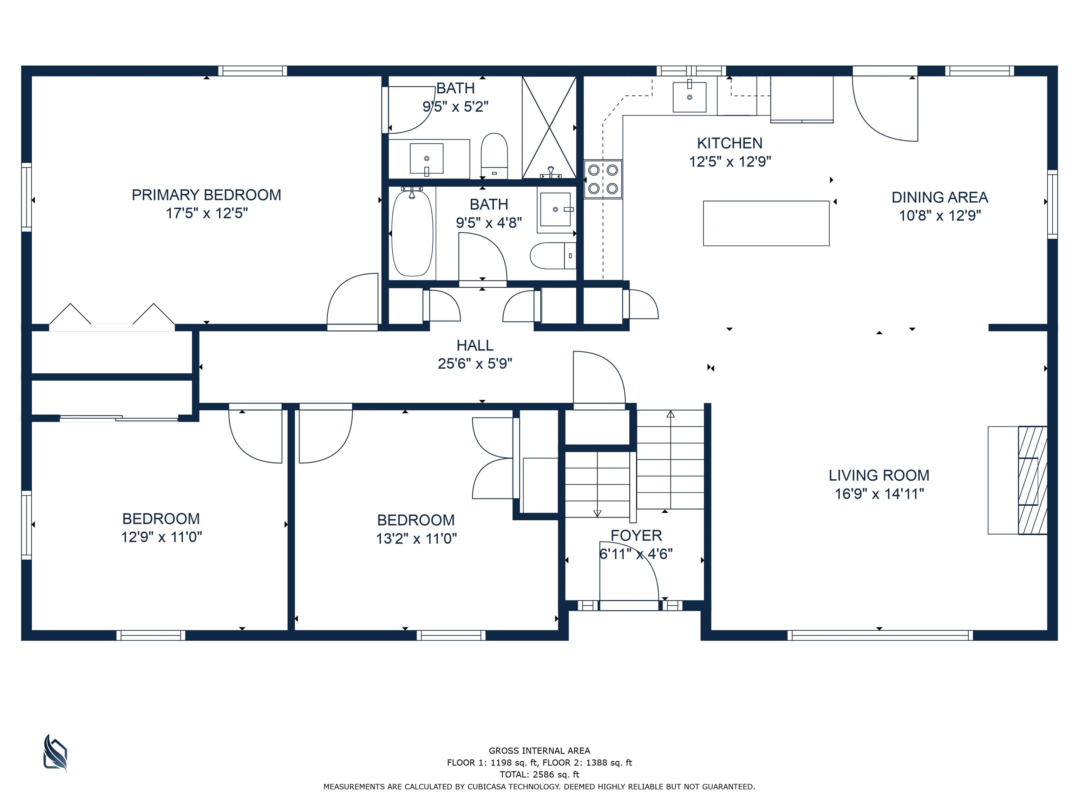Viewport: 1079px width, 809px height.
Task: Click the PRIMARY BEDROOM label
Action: coord(206,195)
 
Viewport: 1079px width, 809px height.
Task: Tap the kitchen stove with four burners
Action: coord(603,179)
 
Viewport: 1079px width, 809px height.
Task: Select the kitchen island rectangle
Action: coord(766,223)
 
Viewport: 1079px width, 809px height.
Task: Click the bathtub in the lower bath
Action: coord(412,233)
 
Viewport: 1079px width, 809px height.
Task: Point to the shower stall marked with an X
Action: coord(549,127)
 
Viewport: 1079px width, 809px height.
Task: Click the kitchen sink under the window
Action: coord(689,97)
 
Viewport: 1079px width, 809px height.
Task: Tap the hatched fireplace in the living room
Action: coord(1032,480)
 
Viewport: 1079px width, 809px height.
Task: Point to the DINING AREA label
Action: coord(940,197)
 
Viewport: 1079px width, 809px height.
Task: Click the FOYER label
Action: coord(636,535)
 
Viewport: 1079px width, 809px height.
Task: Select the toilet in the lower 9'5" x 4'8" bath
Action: coord(552,256)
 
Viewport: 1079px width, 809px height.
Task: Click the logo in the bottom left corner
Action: coord(55,754)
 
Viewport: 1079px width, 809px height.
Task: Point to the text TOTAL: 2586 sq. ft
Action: coord(539,774)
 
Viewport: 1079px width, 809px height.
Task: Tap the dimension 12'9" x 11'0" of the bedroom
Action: coord(162,537)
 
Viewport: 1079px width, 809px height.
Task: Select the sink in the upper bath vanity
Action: coord(426,158)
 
